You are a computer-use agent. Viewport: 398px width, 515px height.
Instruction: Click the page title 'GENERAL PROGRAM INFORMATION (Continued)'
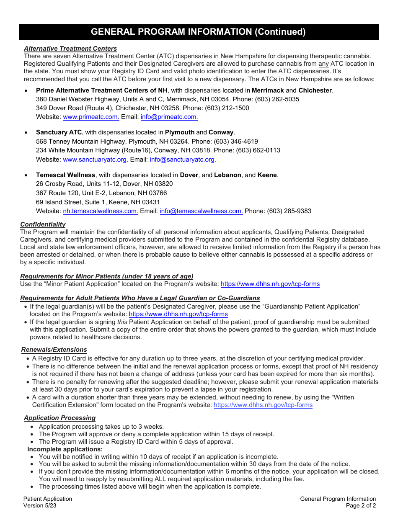pyautogui.click(x=198, y=32)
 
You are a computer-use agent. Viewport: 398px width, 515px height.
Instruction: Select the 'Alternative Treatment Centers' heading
pyautogui.click(x=70, y=49)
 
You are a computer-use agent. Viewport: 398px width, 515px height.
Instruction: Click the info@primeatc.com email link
pyautogui.click(x=169, y=117)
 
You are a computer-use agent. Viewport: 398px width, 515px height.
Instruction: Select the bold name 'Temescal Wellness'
pyautogui.click(x=66, y=175)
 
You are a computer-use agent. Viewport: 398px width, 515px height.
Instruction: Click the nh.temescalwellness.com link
pyautogui.click(x=101, y=211)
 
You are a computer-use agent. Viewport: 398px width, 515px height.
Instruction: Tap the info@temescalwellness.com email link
pyautogui.click(x=201, y=211)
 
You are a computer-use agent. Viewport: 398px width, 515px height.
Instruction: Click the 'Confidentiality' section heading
pyautogui.click(x=43, y=224)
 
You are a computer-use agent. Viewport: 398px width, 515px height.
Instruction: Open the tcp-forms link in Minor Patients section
pyautogui.click(x=270, y=284)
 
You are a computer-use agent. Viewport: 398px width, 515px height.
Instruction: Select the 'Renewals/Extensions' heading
pyautogui.click(x=54, y=350)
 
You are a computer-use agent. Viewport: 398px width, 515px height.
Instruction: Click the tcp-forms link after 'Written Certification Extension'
pyautogui.click(x=263, y=405)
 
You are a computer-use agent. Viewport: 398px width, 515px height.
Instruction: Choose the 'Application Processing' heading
pyautogui.click(x=59, y=418)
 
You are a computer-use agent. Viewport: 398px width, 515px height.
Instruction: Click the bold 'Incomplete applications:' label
pyautogui.click(x=65, y=449)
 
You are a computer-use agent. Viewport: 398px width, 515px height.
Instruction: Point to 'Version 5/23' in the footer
pyautogui.click(x=40, y=505)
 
